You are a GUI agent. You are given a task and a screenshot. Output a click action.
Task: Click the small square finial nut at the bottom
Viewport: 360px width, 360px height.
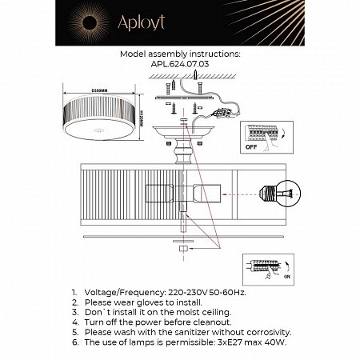182,249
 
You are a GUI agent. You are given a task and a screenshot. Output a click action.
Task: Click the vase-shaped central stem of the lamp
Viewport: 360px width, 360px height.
182,148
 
